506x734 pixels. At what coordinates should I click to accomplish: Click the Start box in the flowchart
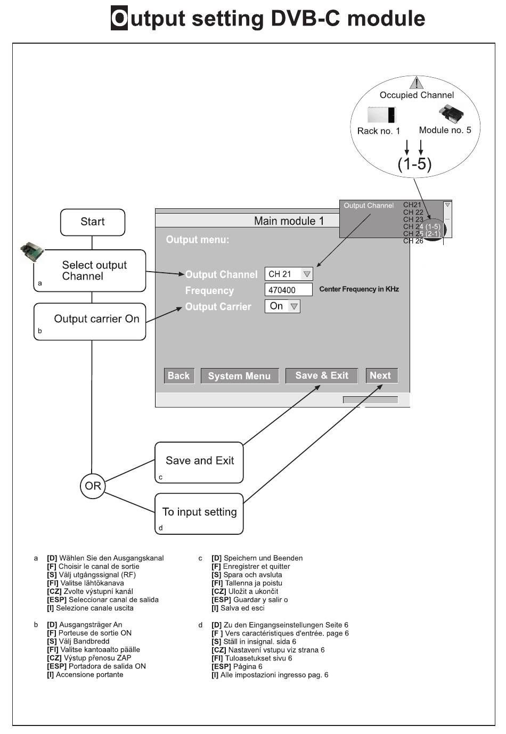click(93, 222)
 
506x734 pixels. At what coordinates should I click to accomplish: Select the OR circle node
click(93, 486)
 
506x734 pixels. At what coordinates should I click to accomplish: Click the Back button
click(179, 376)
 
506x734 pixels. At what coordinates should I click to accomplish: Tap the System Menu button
click(240, 376)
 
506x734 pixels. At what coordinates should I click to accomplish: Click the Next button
click(382, 375)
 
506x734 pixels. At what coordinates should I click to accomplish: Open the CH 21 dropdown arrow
click(307, 274)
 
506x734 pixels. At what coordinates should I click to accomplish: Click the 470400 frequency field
click(288, 290)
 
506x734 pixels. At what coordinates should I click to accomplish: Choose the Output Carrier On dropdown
click(282, 306)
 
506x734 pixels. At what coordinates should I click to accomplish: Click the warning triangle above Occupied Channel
click(417, 83)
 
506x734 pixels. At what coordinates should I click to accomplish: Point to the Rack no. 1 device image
click(382, 115)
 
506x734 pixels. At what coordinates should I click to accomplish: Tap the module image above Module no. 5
click(451, 113)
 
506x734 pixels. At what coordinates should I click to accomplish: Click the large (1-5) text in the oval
click(414, 164)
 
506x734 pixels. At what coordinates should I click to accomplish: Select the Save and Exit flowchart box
click(199, 462)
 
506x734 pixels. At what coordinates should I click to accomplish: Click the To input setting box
click(199, 513)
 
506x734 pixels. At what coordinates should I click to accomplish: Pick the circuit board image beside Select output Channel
click(32, 251)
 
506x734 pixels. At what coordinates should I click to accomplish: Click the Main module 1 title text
click(289, 221)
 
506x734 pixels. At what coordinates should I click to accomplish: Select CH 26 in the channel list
click(413, 241)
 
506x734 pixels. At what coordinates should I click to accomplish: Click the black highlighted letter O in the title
click(119, 18)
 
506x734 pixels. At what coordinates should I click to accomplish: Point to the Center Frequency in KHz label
click(359, 289)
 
